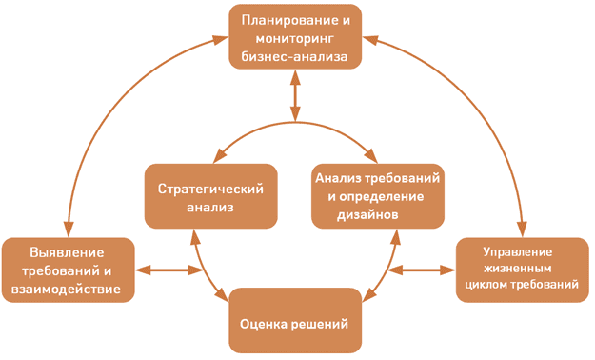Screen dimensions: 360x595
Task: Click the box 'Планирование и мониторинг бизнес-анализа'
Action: [294, 38]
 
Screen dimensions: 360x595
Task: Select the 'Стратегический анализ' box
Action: [204, 195]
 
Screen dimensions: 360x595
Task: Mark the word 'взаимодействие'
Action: [68, 290]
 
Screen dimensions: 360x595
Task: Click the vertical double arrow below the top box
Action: [296, 94]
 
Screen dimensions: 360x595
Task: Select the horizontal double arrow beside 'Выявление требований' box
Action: [169, 271]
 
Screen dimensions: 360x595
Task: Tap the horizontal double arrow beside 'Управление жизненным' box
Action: [421, 270]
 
